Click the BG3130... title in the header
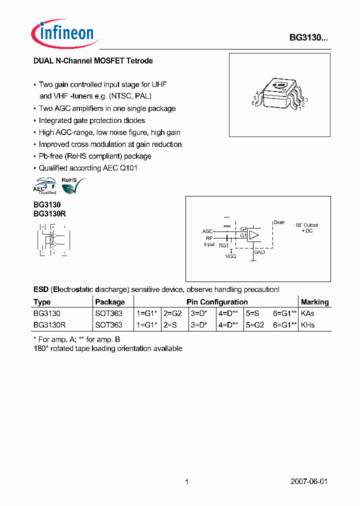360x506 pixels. (309, 37)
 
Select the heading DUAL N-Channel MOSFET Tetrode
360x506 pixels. (93, 61)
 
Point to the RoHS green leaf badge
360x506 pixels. (72, 185)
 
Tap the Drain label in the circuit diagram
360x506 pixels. (279, 222)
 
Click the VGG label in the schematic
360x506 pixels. (230, 256)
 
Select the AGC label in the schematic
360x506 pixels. (207, 231)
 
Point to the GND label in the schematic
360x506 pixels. (259, 252)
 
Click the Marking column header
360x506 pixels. (314, 302)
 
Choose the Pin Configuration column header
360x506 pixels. (217, 302)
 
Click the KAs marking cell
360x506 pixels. (308, 313)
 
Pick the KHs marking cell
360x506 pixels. (308, 325)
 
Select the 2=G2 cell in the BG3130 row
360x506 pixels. (173, 313)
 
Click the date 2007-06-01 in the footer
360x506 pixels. (309, 481)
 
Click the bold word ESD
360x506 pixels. (41, 289)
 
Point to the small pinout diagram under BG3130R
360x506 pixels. (52, 240)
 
